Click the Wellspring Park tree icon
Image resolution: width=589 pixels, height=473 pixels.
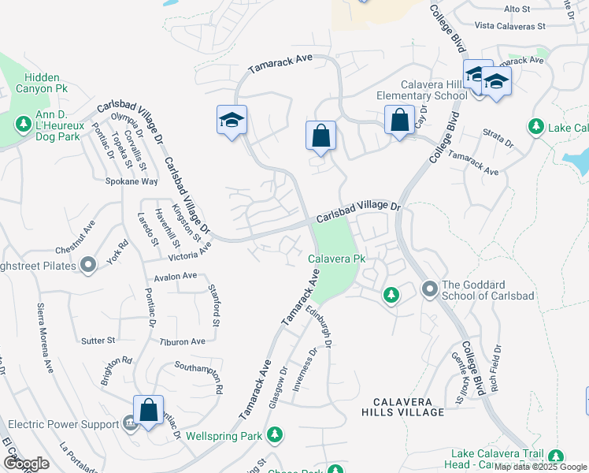pyautogui.click(x=275, y=434)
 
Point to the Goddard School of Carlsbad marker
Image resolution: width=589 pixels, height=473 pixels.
pyautogui.click(x=430, y=289)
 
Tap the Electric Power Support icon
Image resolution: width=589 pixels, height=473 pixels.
pyautogui.click(x=129, y=424)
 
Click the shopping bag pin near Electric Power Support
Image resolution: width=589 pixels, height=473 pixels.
pyautogui.click(x=148, y=410)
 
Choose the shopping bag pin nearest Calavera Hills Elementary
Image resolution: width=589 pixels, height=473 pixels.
pyautogui.click(x=400, y=121)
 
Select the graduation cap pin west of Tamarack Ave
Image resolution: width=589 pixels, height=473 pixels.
pyautogui.click(x=232, y=121)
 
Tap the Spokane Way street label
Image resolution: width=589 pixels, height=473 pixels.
pyautogui.click(x=132, y=181)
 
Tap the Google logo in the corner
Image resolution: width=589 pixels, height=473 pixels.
pyautogui.click(x=26, y=464)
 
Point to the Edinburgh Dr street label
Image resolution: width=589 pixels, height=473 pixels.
pyautogui.click(x=322, y=327)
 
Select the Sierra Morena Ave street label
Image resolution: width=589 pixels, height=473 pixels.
pyautogui.click(x=46, y=337)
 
